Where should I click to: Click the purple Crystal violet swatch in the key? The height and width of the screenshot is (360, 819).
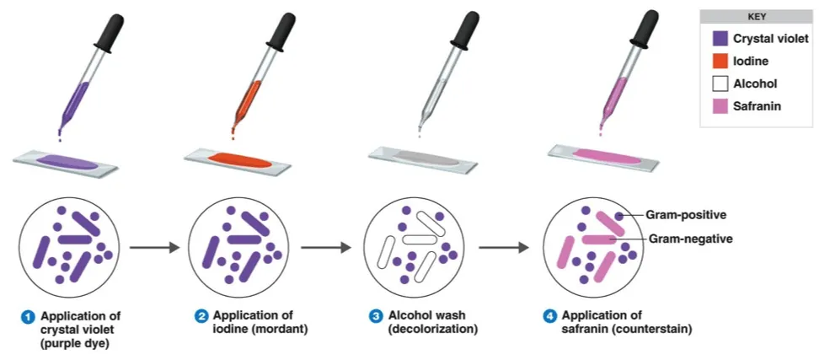[720, 39]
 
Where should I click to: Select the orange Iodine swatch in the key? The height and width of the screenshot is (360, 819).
[720, 62]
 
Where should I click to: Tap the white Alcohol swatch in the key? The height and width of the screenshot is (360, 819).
[720, 83]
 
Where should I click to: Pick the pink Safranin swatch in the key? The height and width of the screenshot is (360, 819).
[720, 106]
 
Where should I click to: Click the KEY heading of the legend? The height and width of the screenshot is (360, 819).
[756, 16]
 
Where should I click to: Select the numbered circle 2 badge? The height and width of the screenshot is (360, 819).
[201, 316]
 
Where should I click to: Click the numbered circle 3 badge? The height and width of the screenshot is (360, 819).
[376, 316]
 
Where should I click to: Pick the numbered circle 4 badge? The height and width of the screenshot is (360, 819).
[550, 316]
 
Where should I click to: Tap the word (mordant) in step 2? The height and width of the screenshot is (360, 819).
[282, 329]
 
